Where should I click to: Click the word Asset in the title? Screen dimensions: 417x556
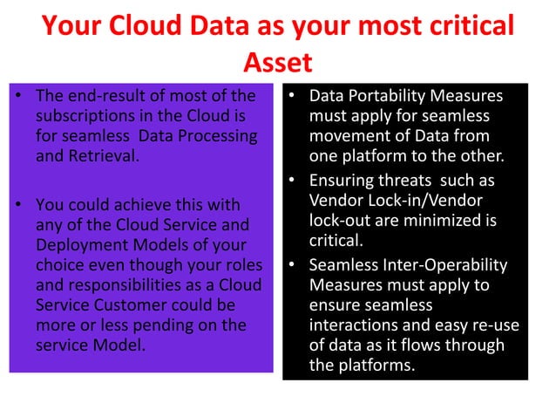click(277, 64)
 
